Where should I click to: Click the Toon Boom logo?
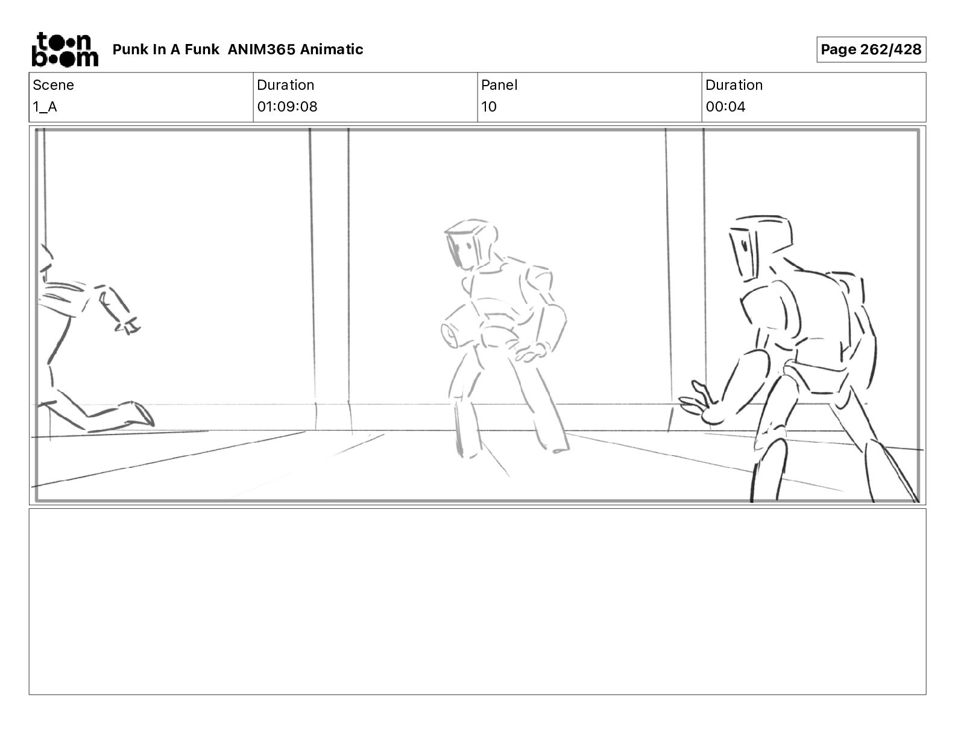[x=65, y=49]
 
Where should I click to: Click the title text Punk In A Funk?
[x=166, y=49]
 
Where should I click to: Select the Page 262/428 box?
[x=871, y=49]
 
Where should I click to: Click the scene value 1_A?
[x=45, y=107]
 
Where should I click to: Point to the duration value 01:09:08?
[x=287, y=107]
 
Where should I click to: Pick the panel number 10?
[x=489, y=107]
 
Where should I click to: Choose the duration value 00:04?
[x=725, y=107]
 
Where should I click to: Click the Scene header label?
[x=53, y=85]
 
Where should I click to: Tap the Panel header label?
[x=499, y=85]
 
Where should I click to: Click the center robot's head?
[x=470, y=244]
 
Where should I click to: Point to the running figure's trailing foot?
[x=140, y=414]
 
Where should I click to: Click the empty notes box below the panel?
[x=478, y=601]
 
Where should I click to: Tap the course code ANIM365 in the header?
[x=262, y=49]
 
